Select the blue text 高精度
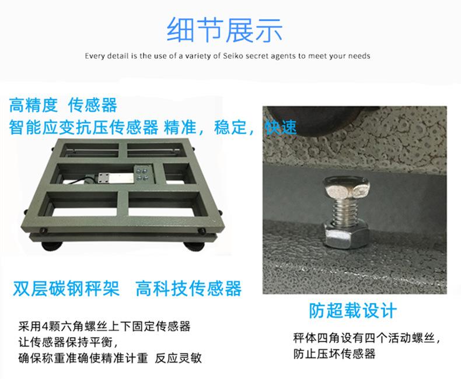[33, 106]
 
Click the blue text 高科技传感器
[188, 288]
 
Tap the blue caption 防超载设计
[352, 310]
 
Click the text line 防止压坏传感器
[334, 353]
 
